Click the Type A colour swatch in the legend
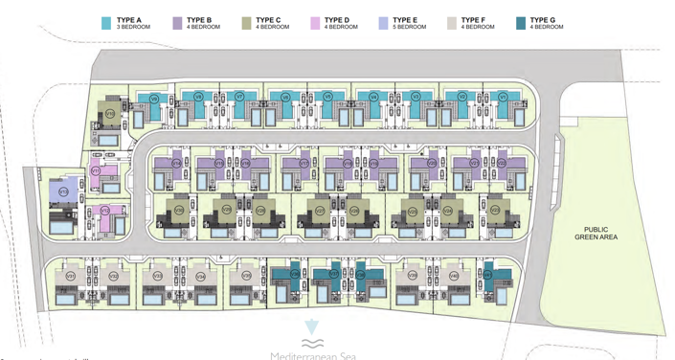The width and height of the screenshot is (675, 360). (x=105, y=22)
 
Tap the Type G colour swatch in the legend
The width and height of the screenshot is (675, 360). (x=520, y=22)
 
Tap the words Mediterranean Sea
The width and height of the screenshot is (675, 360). (x=310, y=354)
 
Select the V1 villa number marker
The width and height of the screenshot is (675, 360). (x=503, y=97)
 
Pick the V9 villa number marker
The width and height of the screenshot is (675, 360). (x=154, y=97)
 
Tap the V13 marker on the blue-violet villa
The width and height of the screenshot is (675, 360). (x=62, y=191)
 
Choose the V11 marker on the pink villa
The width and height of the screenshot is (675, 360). (x=96, y=170)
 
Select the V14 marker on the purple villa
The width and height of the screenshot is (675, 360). (x=176, y=164)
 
